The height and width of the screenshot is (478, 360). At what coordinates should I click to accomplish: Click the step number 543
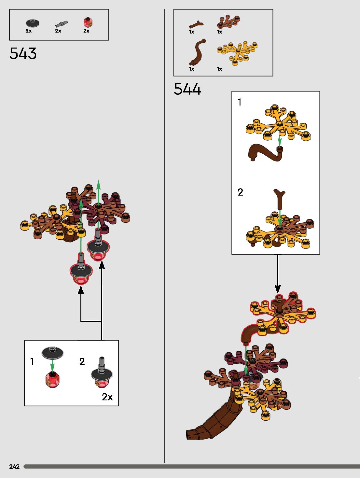point(23,53)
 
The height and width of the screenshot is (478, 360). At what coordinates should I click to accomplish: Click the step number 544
point(187,89)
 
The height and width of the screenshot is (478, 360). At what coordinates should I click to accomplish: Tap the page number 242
point(14,467)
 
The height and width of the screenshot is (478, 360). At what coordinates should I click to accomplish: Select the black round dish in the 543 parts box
point(33,23)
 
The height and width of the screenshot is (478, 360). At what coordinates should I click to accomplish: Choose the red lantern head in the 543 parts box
point(88,22)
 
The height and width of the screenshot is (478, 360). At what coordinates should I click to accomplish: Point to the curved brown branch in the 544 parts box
point(197,52)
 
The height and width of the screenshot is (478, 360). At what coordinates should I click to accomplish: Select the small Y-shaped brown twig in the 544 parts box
point(196,24)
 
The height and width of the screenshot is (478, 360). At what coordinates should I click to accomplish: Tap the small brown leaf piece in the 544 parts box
point(228,21)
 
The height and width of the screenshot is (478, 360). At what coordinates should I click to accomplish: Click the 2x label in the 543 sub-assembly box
point(107,397)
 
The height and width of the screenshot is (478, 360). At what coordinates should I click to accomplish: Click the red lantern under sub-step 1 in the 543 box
point(52,380)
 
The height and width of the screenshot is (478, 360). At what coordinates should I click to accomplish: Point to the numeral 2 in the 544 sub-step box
point(240,192)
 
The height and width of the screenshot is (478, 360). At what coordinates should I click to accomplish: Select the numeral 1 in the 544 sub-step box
point(240,102)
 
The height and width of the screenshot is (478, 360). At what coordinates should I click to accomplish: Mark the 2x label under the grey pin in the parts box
point(58,31)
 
